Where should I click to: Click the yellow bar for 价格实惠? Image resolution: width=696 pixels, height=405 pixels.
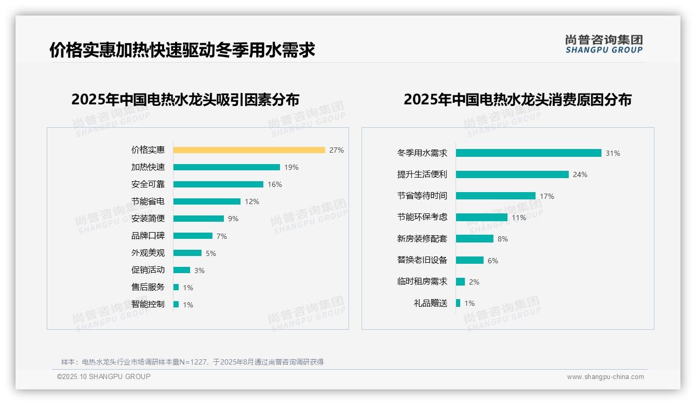tap(249, 150)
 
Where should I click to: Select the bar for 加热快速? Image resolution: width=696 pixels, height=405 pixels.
tap(226, 167)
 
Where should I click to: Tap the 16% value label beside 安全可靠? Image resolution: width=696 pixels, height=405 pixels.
tap(275, 184)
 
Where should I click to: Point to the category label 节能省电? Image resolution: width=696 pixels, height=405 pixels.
tap(148, 201)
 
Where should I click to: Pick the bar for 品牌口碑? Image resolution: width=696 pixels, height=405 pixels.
tap(193, 236)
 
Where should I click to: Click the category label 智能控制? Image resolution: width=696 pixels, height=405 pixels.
tap(148, 304)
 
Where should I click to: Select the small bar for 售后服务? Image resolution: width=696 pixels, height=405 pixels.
tap(176, 287)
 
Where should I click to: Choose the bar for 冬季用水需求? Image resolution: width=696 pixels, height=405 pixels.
tap(528, 153)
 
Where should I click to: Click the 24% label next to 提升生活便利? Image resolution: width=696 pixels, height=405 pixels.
tap(580, 174)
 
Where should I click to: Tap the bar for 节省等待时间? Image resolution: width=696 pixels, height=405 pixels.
tap(496, 196)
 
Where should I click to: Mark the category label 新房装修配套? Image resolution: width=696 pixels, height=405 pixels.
tap(422, 239)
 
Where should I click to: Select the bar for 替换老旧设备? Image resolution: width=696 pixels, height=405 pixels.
tap(470, 260)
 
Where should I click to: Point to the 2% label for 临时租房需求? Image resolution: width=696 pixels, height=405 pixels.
tap(474, 282)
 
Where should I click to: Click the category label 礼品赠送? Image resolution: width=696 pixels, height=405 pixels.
tap(431, 303)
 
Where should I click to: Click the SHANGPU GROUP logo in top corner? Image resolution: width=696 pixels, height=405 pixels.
tap(604, 44)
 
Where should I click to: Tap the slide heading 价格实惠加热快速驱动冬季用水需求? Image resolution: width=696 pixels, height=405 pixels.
tap(182, 50)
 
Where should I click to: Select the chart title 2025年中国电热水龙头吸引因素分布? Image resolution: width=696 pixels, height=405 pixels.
tap(185, 99)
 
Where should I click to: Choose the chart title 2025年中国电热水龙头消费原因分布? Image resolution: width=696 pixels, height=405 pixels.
tap(517, 99)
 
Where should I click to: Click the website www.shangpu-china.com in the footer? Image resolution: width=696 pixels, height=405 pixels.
tap(605, 377)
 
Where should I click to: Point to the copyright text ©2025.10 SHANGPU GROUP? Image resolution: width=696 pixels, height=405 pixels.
tap(104, 376)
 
